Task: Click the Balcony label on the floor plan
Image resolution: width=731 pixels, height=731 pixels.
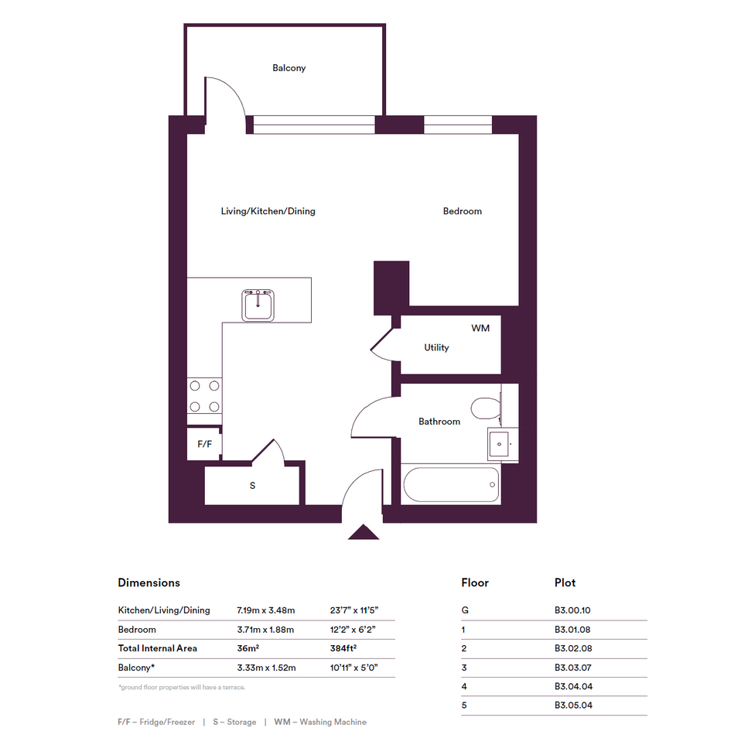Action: (x=289, y=68)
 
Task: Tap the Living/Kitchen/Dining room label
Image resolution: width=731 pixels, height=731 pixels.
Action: (x=268, y=211)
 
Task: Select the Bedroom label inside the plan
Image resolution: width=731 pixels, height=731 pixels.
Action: (x=462, y=211)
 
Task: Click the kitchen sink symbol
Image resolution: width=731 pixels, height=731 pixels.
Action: (x=258, y=306)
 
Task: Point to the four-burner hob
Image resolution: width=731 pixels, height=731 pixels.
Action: (x=204, y=396)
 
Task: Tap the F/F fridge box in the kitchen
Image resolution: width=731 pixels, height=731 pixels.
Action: (x=204, y=444)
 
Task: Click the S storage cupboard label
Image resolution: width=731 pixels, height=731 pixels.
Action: (x=252, y=486)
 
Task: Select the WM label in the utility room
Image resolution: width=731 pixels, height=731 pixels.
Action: (x=480, y=328)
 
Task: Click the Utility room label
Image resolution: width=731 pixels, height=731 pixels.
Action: (x=436, y=348)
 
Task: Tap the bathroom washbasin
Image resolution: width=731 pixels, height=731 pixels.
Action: (x=500, y=444)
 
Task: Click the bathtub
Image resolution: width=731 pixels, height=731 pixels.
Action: (x=451, y=484)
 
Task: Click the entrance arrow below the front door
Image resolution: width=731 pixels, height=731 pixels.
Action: (x=364, y=532)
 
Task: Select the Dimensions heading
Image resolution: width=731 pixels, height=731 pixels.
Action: (x=149, y=582)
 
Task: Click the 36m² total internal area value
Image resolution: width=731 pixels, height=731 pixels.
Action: (x=248, y=648)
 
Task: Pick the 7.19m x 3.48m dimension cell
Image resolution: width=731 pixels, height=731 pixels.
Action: (x=266, y=610)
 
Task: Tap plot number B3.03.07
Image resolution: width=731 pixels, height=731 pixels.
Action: (x=573, y=668)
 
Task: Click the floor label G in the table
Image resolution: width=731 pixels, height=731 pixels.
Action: (x=465, y=610)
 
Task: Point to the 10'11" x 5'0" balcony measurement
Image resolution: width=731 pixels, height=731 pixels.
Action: (x=354, y=668)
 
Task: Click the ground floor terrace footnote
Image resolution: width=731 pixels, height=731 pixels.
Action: (x=182, y=687)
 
